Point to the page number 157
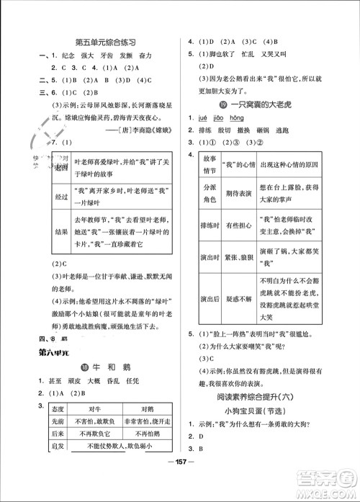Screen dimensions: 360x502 click(x=180, y=480)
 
